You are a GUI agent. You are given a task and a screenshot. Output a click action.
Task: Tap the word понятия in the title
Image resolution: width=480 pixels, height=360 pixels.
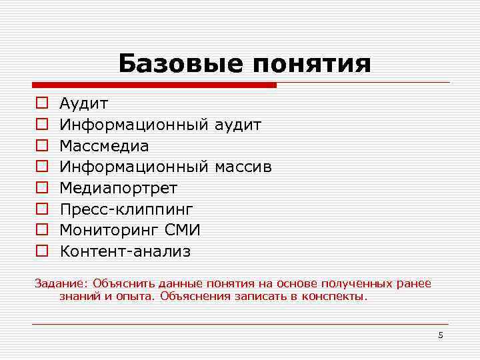click(x=312, y=65)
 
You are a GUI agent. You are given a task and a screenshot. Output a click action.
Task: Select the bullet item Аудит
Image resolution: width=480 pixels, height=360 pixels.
click(x=84, y=103)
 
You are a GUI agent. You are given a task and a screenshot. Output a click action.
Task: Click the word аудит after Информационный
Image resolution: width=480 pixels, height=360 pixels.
click(x=238, y=125)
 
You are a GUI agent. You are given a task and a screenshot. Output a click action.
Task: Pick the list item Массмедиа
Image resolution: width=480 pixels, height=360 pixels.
click(x=104, y=145)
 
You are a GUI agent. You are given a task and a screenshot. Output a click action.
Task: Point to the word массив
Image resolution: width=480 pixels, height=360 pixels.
click(x=243, y=167)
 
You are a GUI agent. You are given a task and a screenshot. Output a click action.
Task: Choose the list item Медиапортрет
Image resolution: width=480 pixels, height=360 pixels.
click(x=119, y=188)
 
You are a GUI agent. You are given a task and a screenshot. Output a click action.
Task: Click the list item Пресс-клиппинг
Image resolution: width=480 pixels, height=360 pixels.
click(x=126, y=209)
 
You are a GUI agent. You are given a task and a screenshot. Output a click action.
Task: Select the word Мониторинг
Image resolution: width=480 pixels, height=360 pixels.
click(x=107, y=230)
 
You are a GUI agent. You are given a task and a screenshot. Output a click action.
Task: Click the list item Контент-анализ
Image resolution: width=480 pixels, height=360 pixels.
click(x=125, y=251)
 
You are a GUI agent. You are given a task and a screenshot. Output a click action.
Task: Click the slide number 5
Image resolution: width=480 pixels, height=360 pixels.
click(x=440, y=335)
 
